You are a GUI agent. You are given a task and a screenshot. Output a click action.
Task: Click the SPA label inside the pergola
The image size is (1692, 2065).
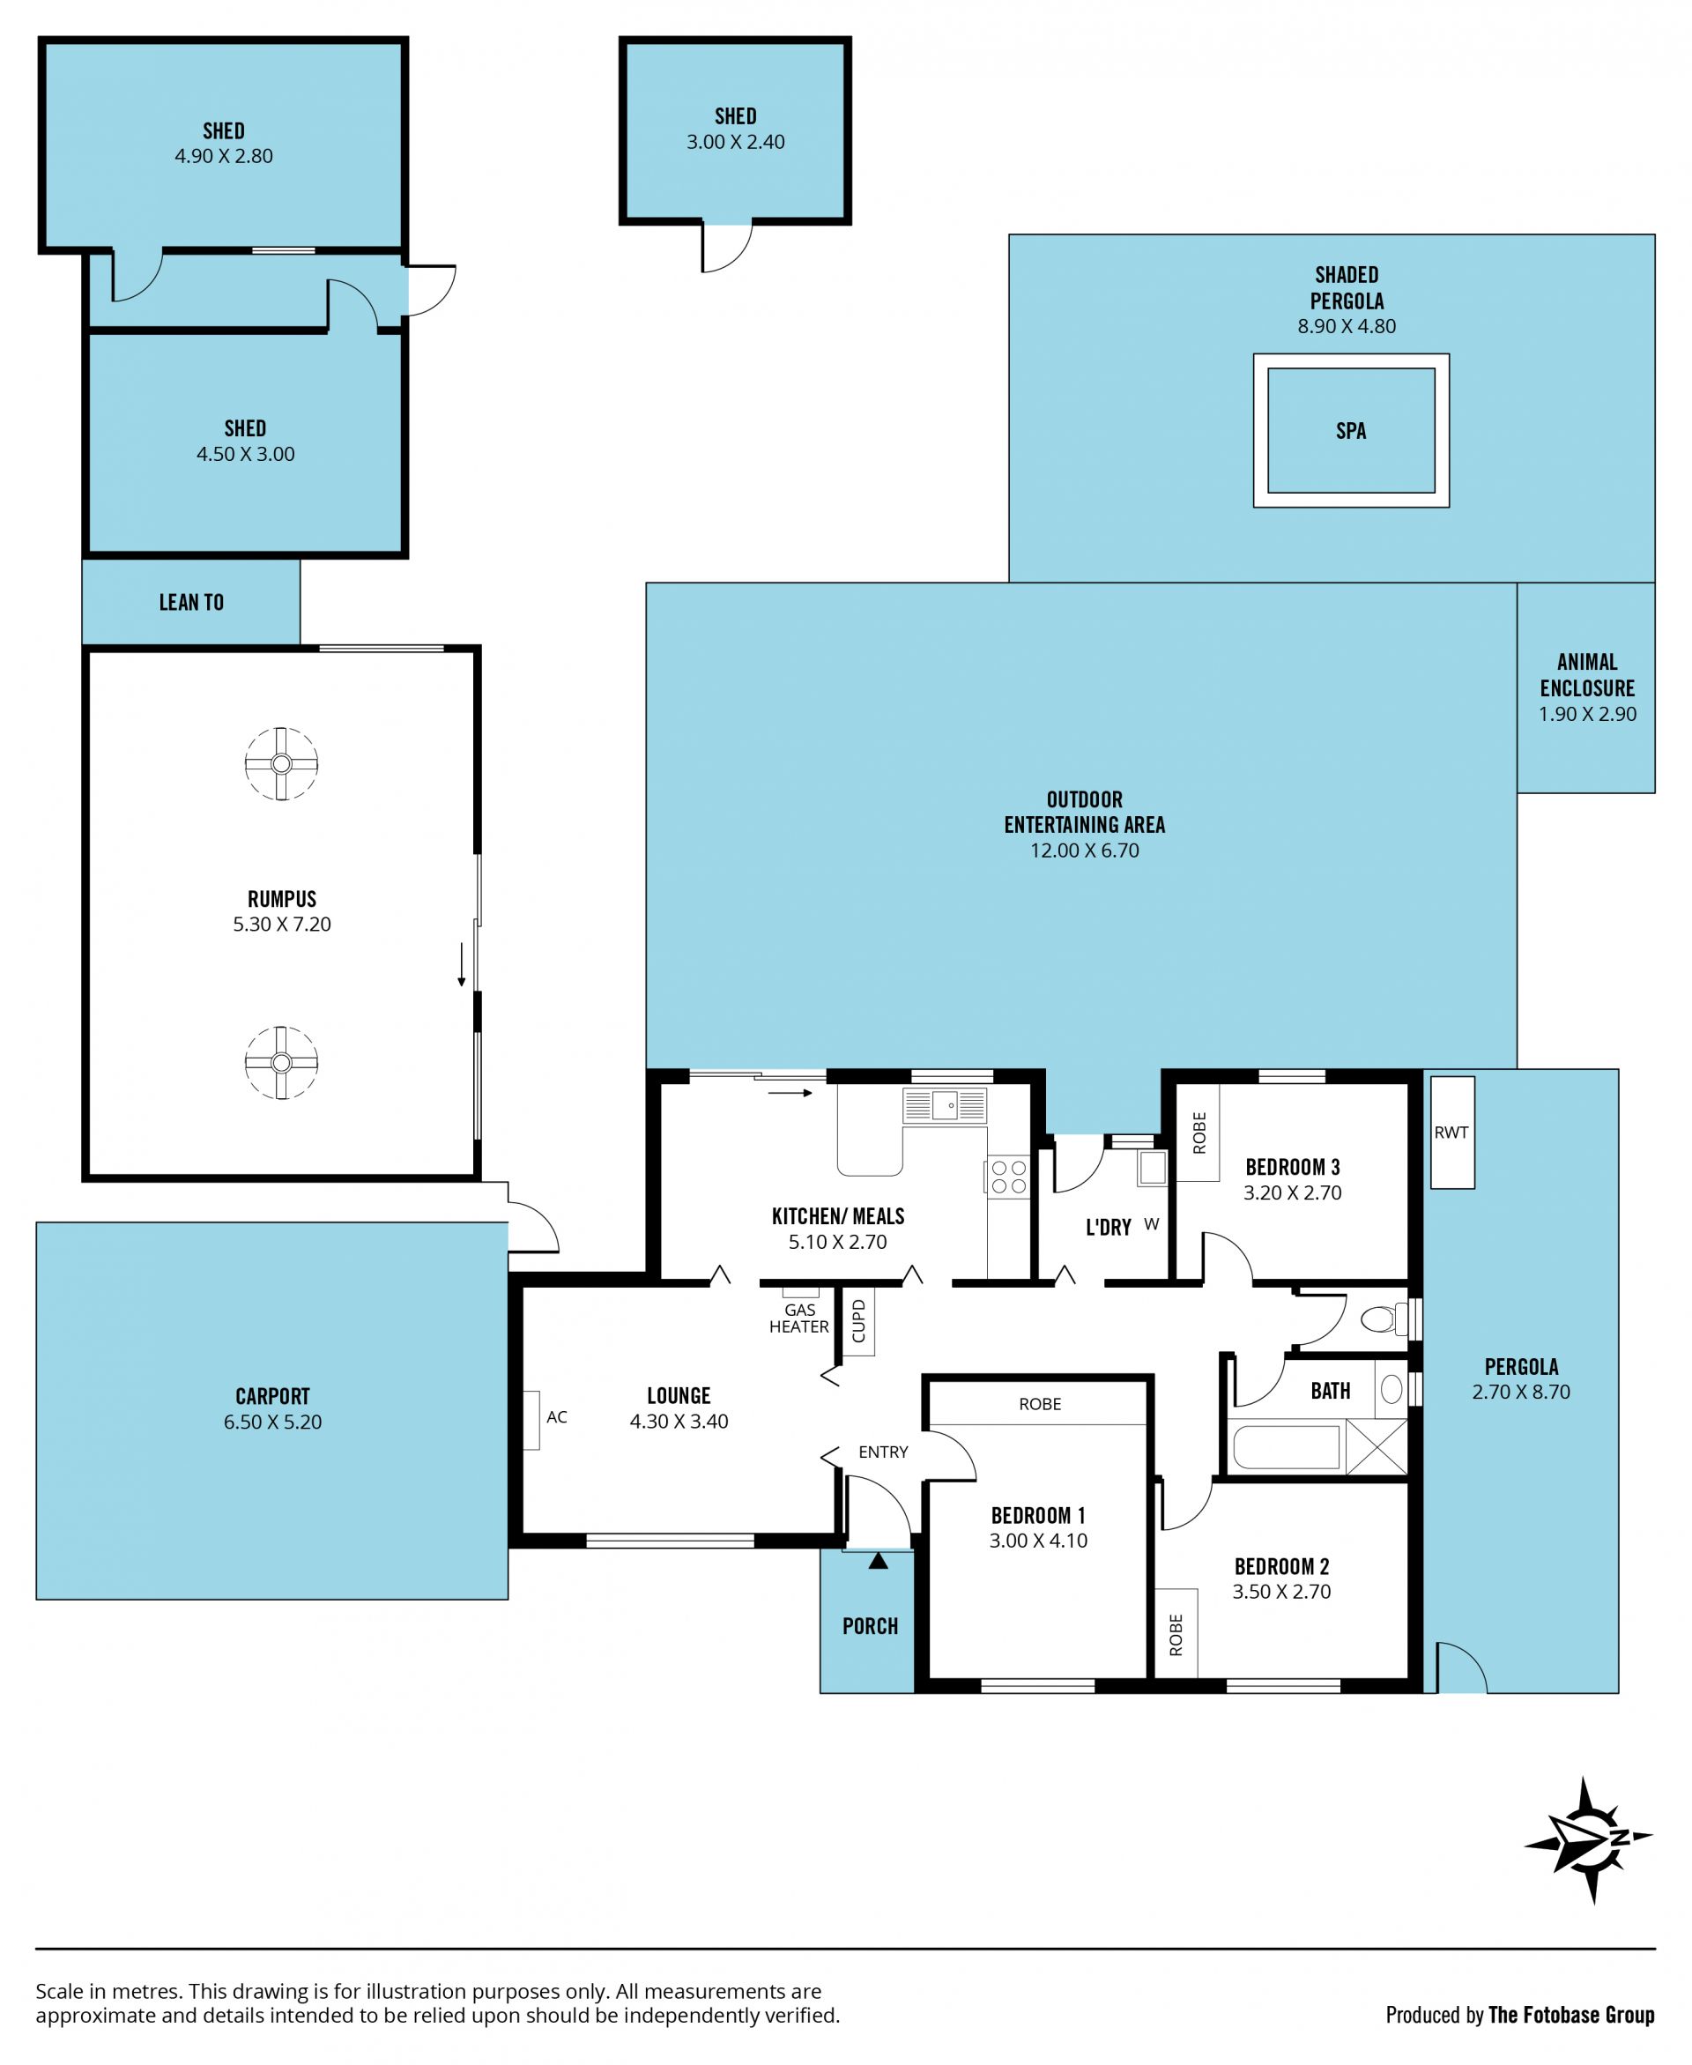click(x=1351, y=431)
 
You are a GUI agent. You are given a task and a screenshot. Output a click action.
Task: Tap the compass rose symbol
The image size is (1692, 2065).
click(x=1590, y=1840)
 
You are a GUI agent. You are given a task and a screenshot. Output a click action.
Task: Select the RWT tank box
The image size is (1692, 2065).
click(x=1452, y=1133)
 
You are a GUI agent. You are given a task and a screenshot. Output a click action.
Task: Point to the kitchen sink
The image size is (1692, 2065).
click(x=945, y=1106)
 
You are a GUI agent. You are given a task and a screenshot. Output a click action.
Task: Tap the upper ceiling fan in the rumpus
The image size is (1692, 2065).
click(x=281, y=763)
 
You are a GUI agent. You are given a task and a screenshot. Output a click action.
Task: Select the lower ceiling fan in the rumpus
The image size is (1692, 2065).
click(x=281, y=1062)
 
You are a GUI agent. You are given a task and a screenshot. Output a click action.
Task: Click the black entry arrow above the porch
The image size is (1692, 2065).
click(x=878, y=1560)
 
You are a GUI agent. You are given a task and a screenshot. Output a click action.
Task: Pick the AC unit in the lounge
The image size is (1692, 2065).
click(x=532, y=1419)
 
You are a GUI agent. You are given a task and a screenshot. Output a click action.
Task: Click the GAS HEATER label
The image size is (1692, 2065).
click(x=799, y=1318)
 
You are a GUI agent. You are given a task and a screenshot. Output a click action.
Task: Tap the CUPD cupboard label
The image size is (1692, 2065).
click(x=858, y=1321)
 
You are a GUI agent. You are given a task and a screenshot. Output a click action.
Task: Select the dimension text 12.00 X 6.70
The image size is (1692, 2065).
click(x=1085, y=850)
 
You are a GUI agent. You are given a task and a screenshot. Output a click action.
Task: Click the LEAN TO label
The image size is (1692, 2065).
click(x=192, y=602)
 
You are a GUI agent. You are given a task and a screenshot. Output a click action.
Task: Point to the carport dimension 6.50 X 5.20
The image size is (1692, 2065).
click(x=273, y=1422)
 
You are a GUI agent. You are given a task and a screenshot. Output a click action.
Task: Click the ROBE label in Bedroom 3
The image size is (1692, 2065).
click(x=1199, y=1133)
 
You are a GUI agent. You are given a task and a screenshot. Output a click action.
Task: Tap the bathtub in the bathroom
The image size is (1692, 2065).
click(x=1287, y=1447)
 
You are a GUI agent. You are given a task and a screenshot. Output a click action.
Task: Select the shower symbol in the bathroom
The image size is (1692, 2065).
click(x=1377, y=1447)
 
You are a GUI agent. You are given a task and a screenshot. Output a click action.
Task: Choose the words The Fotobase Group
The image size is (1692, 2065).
click(x=1571, y=2008)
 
